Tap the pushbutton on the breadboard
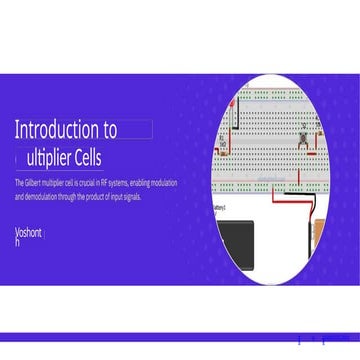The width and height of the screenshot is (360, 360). point(302,134)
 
